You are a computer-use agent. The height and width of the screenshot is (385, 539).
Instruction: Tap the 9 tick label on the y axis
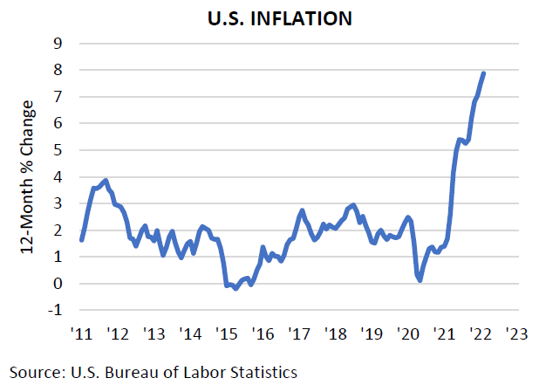(58, 43)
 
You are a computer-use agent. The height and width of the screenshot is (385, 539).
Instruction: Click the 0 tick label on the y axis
(58, 284)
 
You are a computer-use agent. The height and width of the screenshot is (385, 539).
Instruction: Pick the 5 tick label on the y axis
(58, 150)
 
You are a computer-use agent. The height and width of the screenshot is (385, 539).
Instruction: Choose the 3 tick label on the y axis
(58, 203)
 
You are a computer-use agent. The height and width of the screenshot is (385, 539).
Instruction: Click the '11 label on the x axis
(80, 334)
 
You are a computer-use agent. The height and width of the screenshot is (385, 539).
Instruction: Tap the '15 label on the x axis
(226, 334)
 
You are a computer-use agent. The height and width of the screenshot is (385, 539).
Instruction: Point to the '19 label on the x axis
(372, 334)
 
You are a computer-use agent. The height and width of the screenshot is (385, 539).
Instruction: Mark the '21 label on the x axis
(445, 334)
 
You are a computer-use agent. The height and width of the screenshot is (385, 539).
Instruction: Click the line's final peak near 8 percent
(484, 73)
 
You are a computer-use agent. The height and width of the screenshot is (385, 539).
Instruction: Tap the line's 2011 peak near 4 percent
(106, 181)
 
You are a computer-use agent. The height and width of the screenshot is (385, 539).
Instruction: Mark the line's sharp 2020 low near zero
(420, 280)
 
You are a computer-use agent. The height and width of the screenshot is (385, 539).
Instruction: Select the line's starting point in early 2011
(81, 239)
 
